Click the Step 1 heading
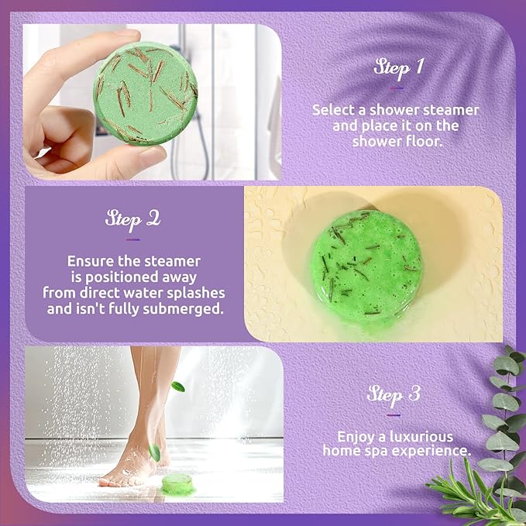click(398, 67)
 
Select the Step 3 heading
click(394, 394)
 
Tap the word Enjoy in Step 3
click(353, 436)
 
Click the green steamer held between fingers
click(147, 93)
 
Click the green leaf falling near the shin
click(178, 386)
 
